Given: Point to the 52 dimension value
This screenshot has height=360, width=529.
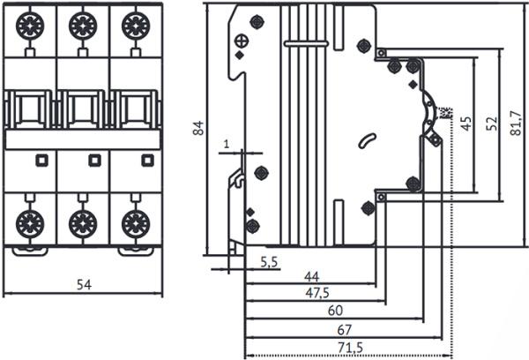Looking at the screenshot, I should (490, 121).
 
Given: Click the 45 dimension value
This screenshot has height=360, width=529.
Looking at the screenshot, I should (466, 122).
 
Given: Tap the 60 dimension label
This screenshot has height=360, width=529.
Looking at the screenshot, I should (335, 311).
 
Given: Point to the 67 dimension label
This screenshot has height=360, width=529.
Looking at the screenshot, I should (345, 329).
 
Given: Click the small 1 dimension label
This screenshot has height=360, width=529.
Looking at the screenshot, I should (227, 142).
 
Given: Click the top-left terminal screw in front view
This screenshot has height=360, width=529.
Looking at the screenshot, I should (29, 21).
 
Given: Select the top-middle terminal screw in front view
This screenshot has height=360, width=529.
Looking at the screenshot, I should (81, 21).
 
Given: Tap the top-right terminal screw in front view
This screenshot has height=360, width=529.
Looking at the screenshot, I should (134, 21).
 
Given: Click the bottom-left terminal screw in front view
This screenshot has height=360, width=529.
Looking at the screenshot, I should (29, 220).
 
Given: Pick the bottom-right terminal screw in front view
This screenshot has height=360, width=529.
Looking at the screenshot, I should (134, 220).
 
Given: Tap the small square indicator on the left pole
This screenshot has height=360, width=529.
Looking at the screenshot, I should (40, 160).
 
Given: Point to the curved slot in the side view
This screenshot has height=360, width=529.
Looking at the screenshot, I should (366, 139).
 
